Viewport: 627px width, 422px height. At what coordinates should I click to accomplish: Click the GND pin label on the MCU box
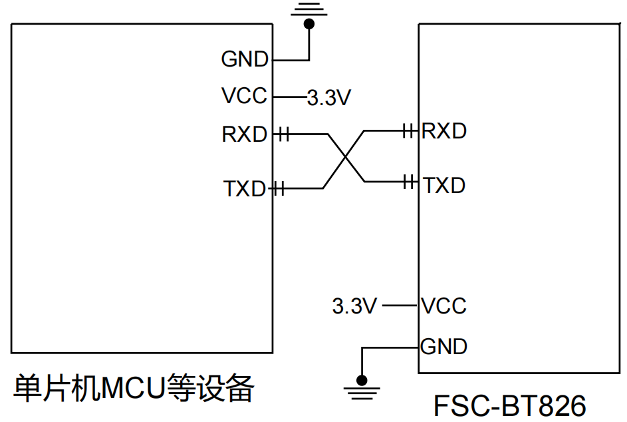[244, 60]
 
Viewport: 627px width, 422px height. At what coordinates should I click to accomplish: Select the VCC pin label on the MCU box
[244, 97]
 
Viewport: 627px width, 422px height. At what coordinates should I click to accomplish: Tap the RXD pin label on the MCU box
[244, 134]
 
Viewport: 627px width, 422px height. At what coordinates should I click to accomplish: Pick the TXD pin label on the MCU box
[244, 189]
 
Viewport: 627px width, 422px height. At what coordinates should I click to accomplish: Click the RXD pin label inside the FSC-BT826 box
[444, 131]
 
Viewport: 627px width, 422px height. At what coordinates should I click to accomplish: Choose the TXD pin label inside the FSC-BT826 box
[444, 185]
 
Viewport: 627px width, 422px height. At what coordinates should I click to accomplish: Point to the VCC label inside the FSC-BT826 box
[444, 306]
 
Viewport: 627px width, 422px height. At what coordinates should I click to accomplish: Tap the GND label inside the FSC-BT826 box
[444, 347]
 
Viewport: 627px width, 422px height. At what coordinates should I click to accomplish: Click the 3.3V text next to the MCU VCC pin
[328, 99]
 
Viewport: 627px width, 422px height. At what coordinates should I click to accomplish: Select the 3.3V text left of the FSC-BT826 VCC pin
[354, 307]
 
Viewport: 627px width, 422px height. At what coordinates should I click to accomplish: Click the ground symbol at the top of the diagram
[308, 9]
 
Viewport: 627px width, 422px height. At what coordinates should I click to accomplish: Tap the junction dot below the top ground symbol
[308, 24]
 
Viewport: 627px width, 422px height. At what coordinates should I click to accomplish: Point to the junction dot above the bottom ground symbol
[361, 380]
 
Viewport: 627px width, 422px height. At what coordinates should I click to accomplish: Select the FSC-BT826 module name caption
[510, 405]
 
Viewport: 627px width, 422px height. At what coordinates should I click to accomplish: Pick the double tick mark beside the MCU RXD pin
[283, 134]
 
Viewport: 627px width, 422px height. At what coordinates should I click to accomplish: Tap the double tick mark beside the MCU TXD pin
[279, 189]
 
